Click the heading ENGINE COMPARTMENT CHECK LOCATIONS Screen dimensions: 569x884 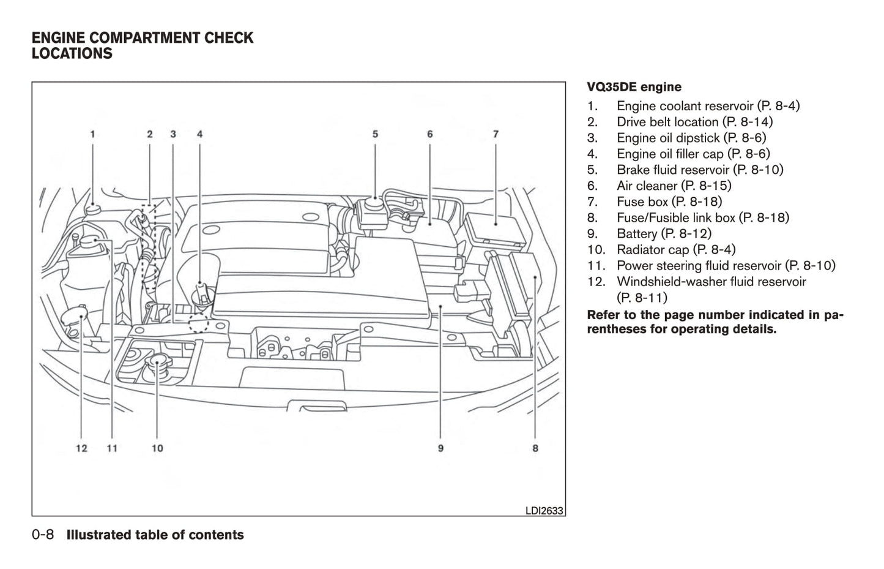pos(142,46)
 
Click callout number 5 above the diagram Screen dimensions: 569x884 pos(375,134)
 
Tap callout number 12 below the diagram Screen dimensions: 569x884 pos(81,448)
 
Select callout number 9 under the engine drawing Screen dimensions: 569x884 pos(440,448)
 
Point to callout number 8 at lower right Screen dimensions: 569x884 pos(535,448)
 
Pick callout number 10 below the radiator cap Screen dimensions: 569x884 pos(157,448)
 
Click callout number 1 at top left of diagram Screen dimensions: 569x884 pos(92,134)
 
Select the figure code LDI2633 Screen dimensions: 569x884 pos(544,510)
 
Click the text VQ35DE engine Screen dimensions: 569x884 pos(634,87)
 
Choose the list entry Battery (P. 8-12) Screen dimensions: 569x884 pos(664,233)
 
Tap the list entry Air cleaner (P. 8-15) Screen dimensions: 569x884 pos(674,186)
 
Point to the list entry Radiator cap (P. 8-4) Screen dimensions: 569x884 pos(676,249)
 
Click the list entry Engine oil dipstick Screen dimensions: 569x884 pos(691,138)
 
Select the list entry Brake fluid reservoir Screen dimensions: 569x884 pos(699,170)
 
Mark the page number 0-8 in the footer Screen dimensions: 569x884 pos(43,535)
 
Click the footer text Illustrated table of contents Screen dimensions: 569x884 pos(155,535)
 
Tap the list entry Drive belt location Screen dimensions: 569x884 pos(694,122)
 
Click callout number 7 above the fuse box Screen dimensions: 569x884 pos(496,134)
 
